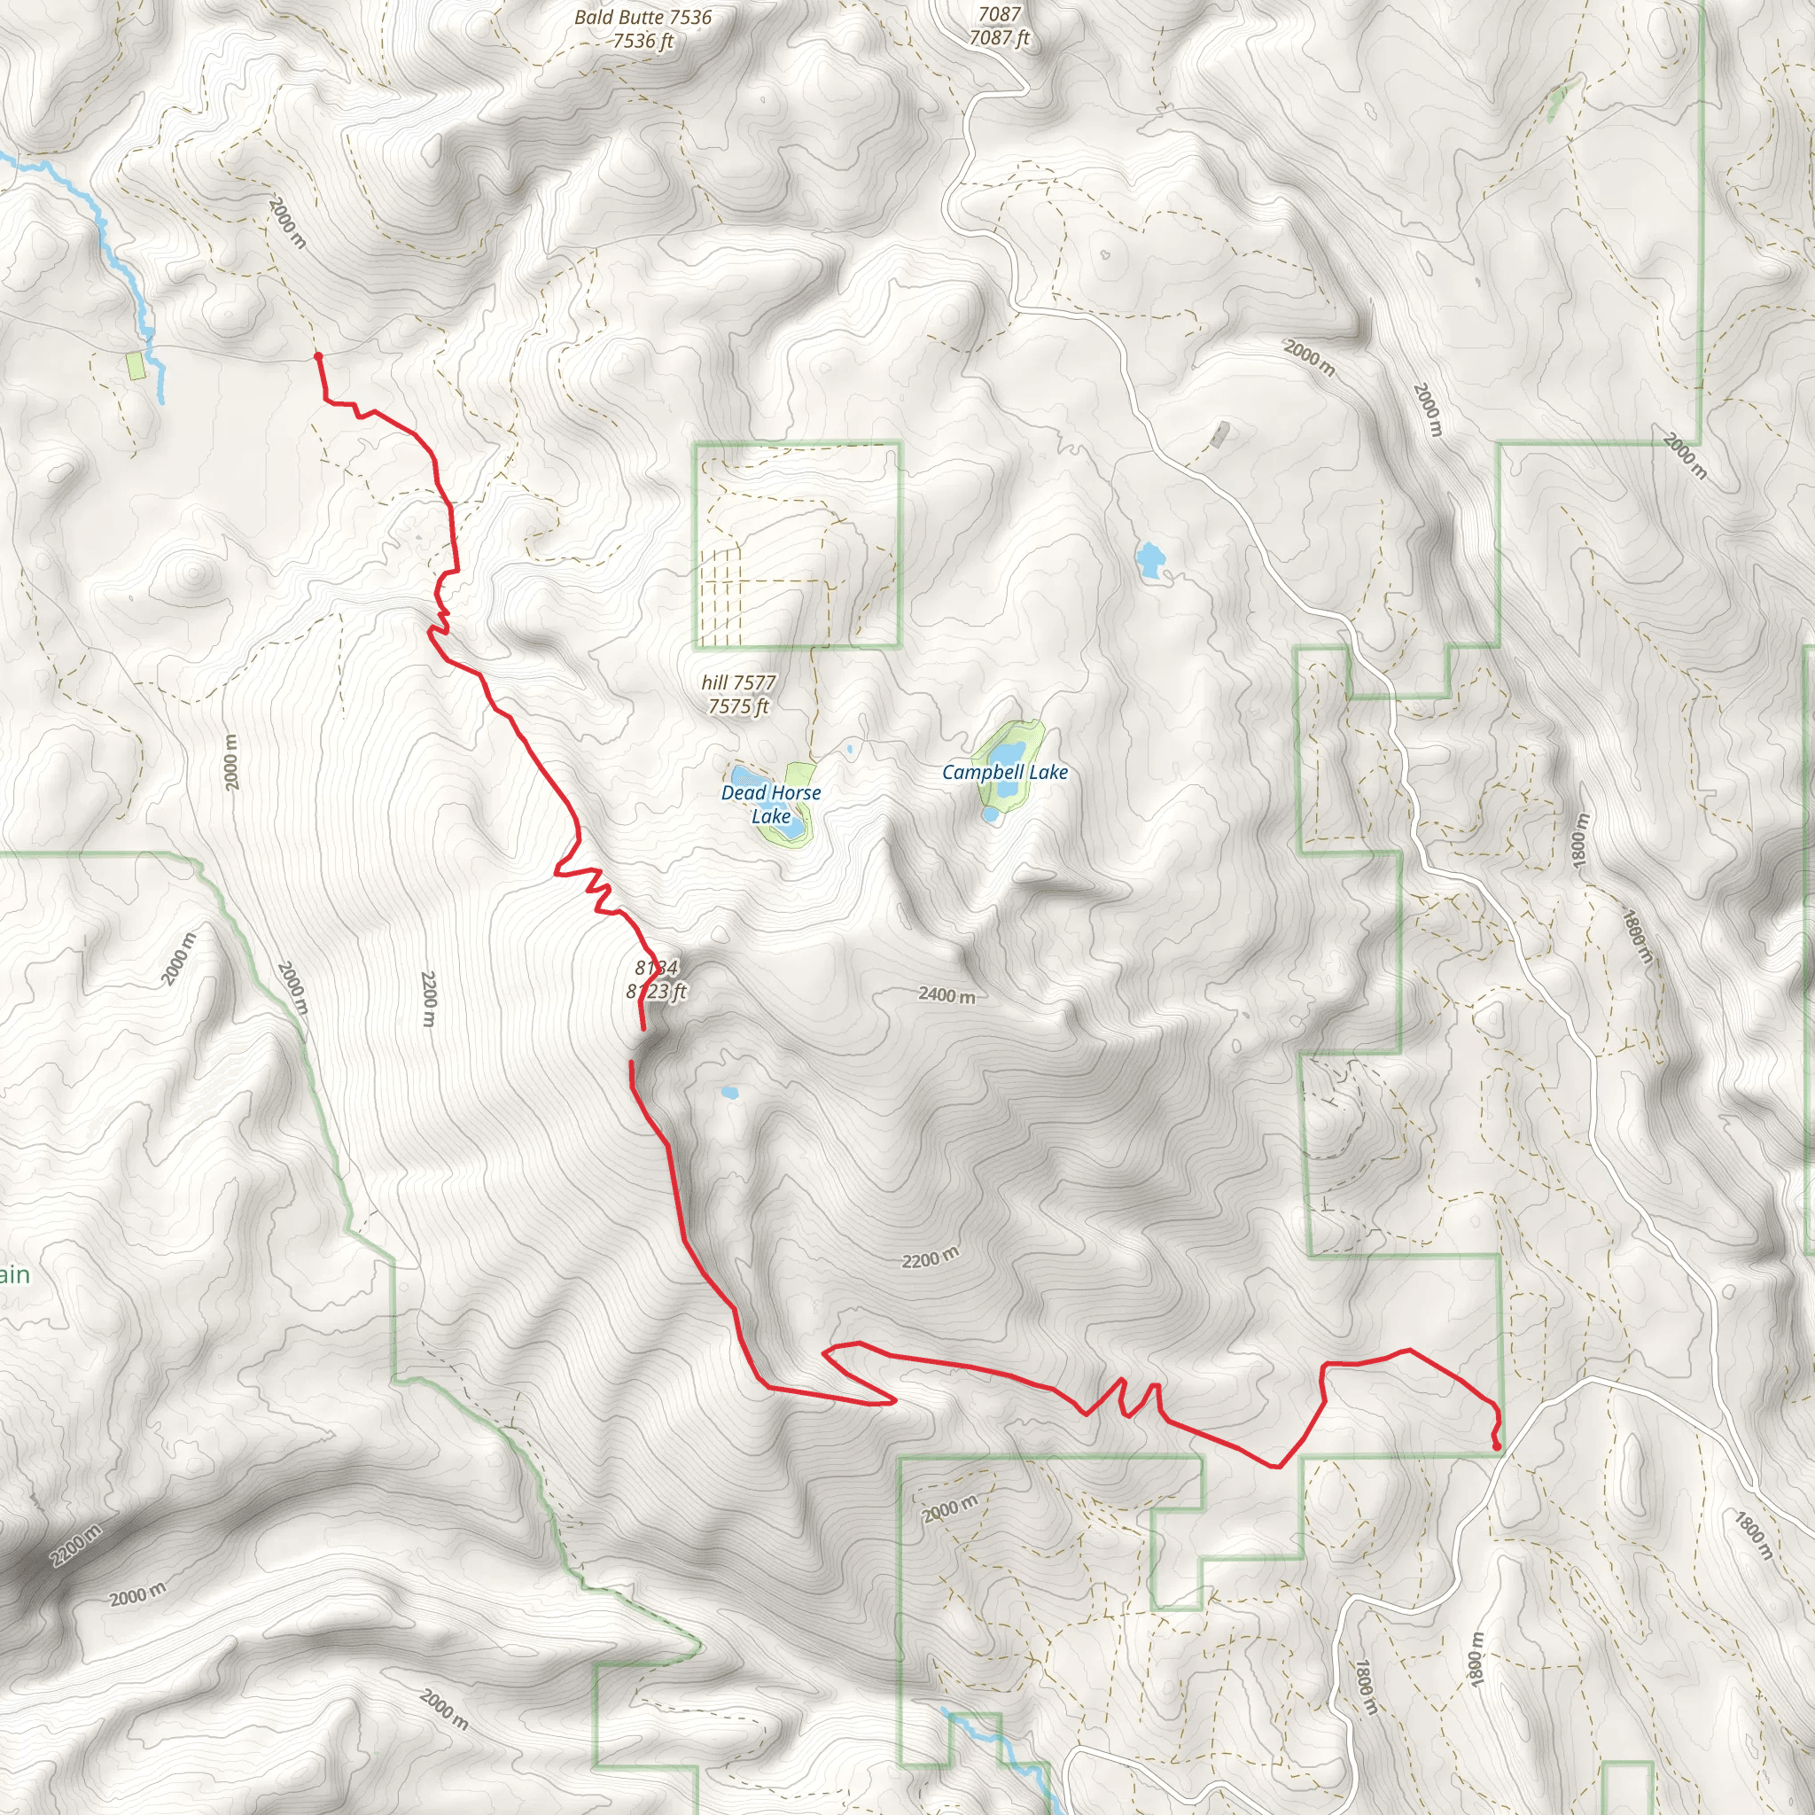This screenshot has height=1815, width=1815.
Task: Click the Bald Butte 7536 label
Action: click(x=643, y=17)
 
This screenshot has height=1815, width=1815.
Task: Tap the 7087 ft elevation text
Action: click(x=1000, y=38)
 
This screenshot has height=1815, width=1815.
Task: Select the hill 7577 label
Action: click(x=738, y=682)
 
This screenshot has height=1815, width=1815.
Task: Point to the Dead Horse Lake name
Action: click(x=770, y=804)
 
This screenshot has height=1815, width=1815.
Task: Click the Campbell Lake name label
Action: click(x=1004, y=772)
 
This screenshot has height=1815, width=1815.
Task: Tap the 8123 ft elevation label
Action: click(x=657, y=991)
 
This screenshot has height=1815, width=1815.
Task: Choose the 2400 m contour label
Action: click(x=946, y=994)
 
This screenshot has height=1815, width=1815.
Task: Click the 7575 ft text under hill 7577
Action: click(x=738, y=706)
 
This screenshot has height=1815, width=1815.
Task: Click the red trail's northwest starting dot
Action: click(x=318, y=357)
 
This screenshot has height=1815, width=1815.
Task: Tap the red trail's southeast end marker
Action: click(x=1497, y=1445)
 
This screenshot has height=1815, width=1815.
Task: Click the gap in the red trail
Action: click(x=637, y=1046)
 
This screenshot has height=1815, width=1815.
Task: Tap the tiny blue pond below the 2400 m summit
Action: click(x=728, y=1094)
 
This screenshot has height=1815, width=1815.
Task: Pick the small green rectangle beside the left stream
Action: click(x=137, y=365)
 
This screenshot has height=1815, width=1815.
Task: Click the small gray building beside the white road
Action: click(x=1220, y=434)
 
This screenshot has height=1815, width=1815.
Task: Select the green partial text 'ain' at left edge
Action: click(x=15, y=1274)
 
